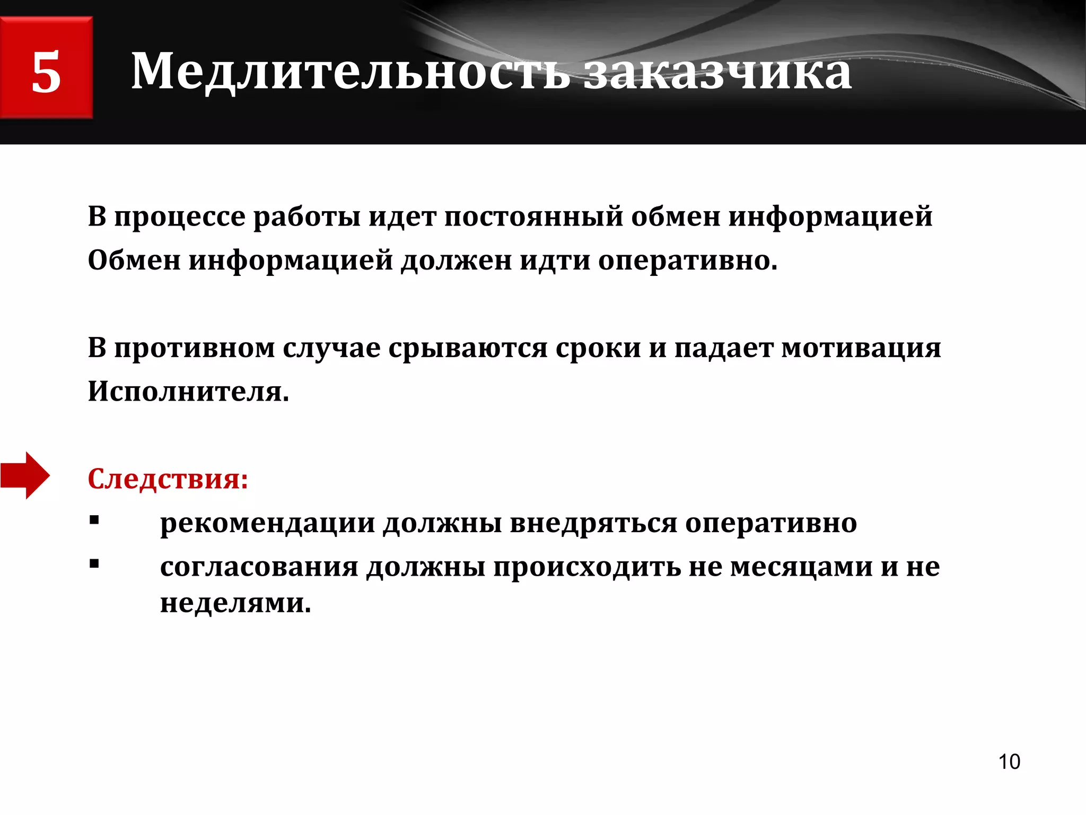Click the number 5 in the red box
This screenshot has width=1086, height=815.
(46, 72)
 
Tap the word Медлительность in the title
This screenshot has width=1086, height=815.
(350, 72)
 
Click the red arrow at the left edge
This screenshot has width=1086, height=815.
(25, 475)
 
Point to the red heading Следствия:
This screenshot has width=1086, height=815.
(168, 479)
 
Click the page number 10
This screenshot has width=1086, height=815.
(1009, 761)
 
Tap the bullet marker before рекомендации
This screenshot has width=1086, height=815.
(94, 521)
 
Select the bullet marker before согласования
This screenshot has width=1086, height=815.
(94, 564)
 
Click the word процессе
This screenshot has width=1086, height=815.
(180, 218)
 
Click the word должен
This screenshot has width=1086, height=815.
(456, 261)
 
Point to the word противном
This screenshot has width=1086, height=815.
(194, 349)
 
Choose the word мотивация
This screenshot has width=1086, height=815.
(861, 349)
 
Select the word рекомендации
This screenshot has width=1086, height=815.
(268, 524)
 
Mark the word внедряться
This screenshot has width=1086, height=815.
(593, 524)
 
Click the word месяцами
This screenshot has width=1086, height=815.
(801, 567)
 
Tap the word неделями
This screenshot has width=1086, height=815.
(235, 603)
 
